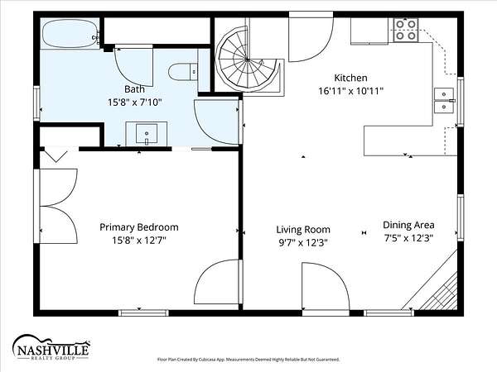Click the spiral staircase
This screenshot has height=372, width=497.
248,60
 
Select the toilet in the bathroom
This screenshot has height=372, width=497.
183,72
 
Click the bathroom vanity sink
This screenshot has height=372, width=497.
147,134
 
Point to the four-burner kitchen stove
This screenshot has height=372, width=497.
406,30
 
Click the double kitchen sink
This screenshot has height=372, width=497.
444,101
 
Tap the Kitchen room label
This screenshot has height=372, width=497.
350,78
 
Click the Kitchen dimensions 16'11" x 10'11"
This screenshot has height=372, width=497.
351,91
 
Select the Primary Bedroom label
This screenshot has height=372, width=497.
139,227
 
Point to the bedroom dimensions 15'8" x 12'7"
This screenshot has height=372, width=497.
139,241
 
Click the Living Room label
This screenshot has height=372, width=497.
303,230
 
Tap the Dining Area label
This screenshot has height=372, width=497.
408,225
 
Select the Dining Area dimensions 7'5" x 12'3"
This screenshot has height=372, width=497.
408,238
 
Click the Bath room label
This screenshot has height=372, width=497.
134,89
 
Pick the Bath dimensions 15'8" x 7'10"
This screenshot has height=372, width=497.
135,103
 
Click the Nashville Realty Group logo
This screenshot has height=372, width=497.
51,348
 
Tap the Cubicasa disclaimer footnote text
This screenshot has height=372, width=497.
248,360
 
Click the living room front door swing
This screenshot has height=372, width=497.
326,286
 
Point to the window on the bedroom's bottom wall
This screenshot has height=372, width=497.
143,312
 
